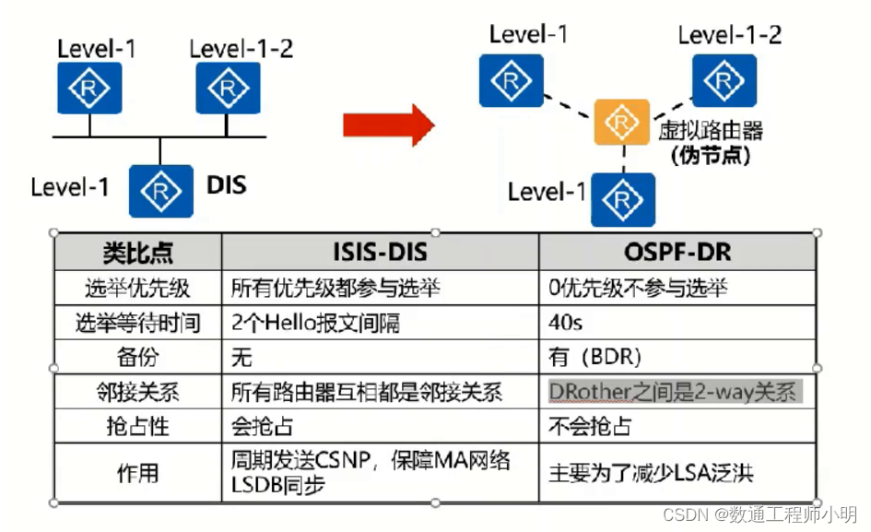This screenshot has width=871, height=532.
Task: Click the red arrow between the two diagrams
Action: [x=387, y=124]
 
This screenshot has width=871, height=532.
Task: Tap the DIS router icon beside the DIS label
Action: [x=161, y=191]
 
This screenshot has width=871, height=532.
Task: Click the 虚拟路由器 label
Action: [x=711, y=130]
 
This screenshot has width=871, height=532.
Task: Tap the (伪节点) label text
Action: [x=711, y=155]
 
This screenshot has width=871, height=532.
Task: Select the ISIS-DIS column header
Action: [x=380, y=252]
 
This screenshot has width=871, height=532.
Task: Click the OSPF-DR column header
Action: [x=677, y=252]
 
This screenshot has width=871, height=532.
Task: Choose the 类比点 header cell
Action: [x=137, y=252]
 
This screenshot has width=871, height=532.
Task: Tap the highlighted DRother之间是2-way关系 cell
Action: [x=672, y=392]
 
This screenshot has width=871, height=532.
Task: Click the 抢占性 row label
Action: [x=137, y=427]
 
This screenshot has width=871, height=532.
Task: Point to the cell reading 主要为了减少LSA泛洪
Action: [x=651, y=473]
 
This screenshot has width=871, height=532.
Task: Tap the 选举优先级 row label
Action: [x=137, y=288]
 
